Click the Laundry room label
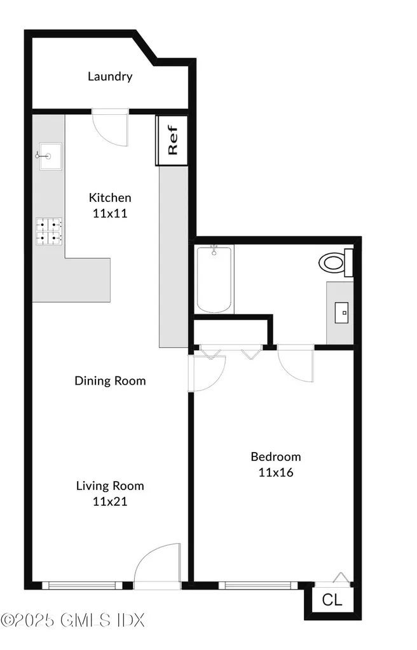coord(110,77)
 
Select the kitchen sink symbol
coord(48,157)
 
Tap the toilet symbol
coord(335,263)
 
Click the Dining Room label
coord(110,381)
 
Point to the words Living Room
coord(110,486)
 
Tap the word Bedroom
coord(275,456)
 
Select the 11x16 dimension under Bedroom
coord(275,472)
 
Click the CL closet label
coord(331,600)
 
